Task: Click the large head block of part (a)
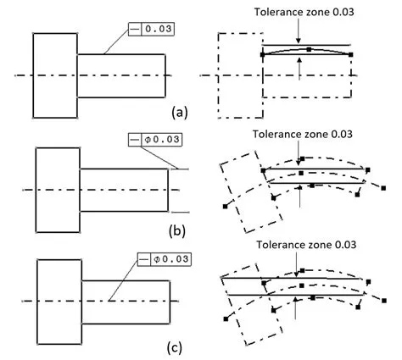click(x=54, y=75)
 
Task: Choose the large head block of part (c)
click(x=58, y=301)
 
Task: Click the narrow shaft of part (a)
click(x=121, y=75)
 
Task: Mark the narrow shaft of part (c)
click(x=126, y=301)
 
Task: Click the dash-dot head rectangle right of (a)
click(x=240, y=75)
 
